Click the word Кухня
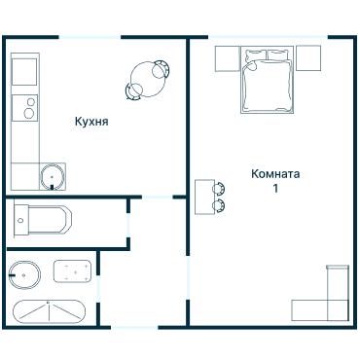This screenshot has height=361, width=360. pos(91,122)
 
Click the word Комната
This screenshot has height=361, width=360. pos(275,174)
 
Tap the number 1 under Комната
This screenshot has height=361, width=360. pos(275,189)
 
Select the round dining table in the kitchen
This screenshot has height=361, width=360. pos(148,79)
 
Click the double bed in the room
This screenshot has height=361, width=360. pos(268,80)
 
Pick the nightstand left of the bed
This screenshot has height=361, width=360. pos(228,58)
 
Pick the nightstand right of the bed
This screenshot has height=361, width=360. pos(308,57)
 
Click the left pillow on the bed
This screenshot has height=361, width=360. pos(254,54)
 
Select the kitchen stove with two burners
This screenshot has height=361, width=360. pos(24,108)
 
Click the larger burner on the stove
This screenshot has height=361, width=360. pos(29,113)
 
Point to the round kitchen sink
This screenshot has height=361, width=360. pos(52,177)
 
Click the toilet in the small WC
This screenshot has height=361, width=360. pos(43,220)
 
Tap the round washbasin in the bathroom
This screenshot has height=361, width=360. pos(24,275)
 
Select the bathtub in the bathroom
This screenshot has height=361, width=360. pos(49,311)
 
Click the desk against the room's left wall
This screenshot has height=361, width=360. pos(204,197)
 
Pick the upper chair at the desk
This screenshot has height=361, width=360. pos(219,188)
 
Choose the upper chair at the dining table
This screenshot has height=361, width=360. pos(161,69)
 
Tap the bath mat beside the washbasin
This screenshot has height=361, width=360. pos(72,271)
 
